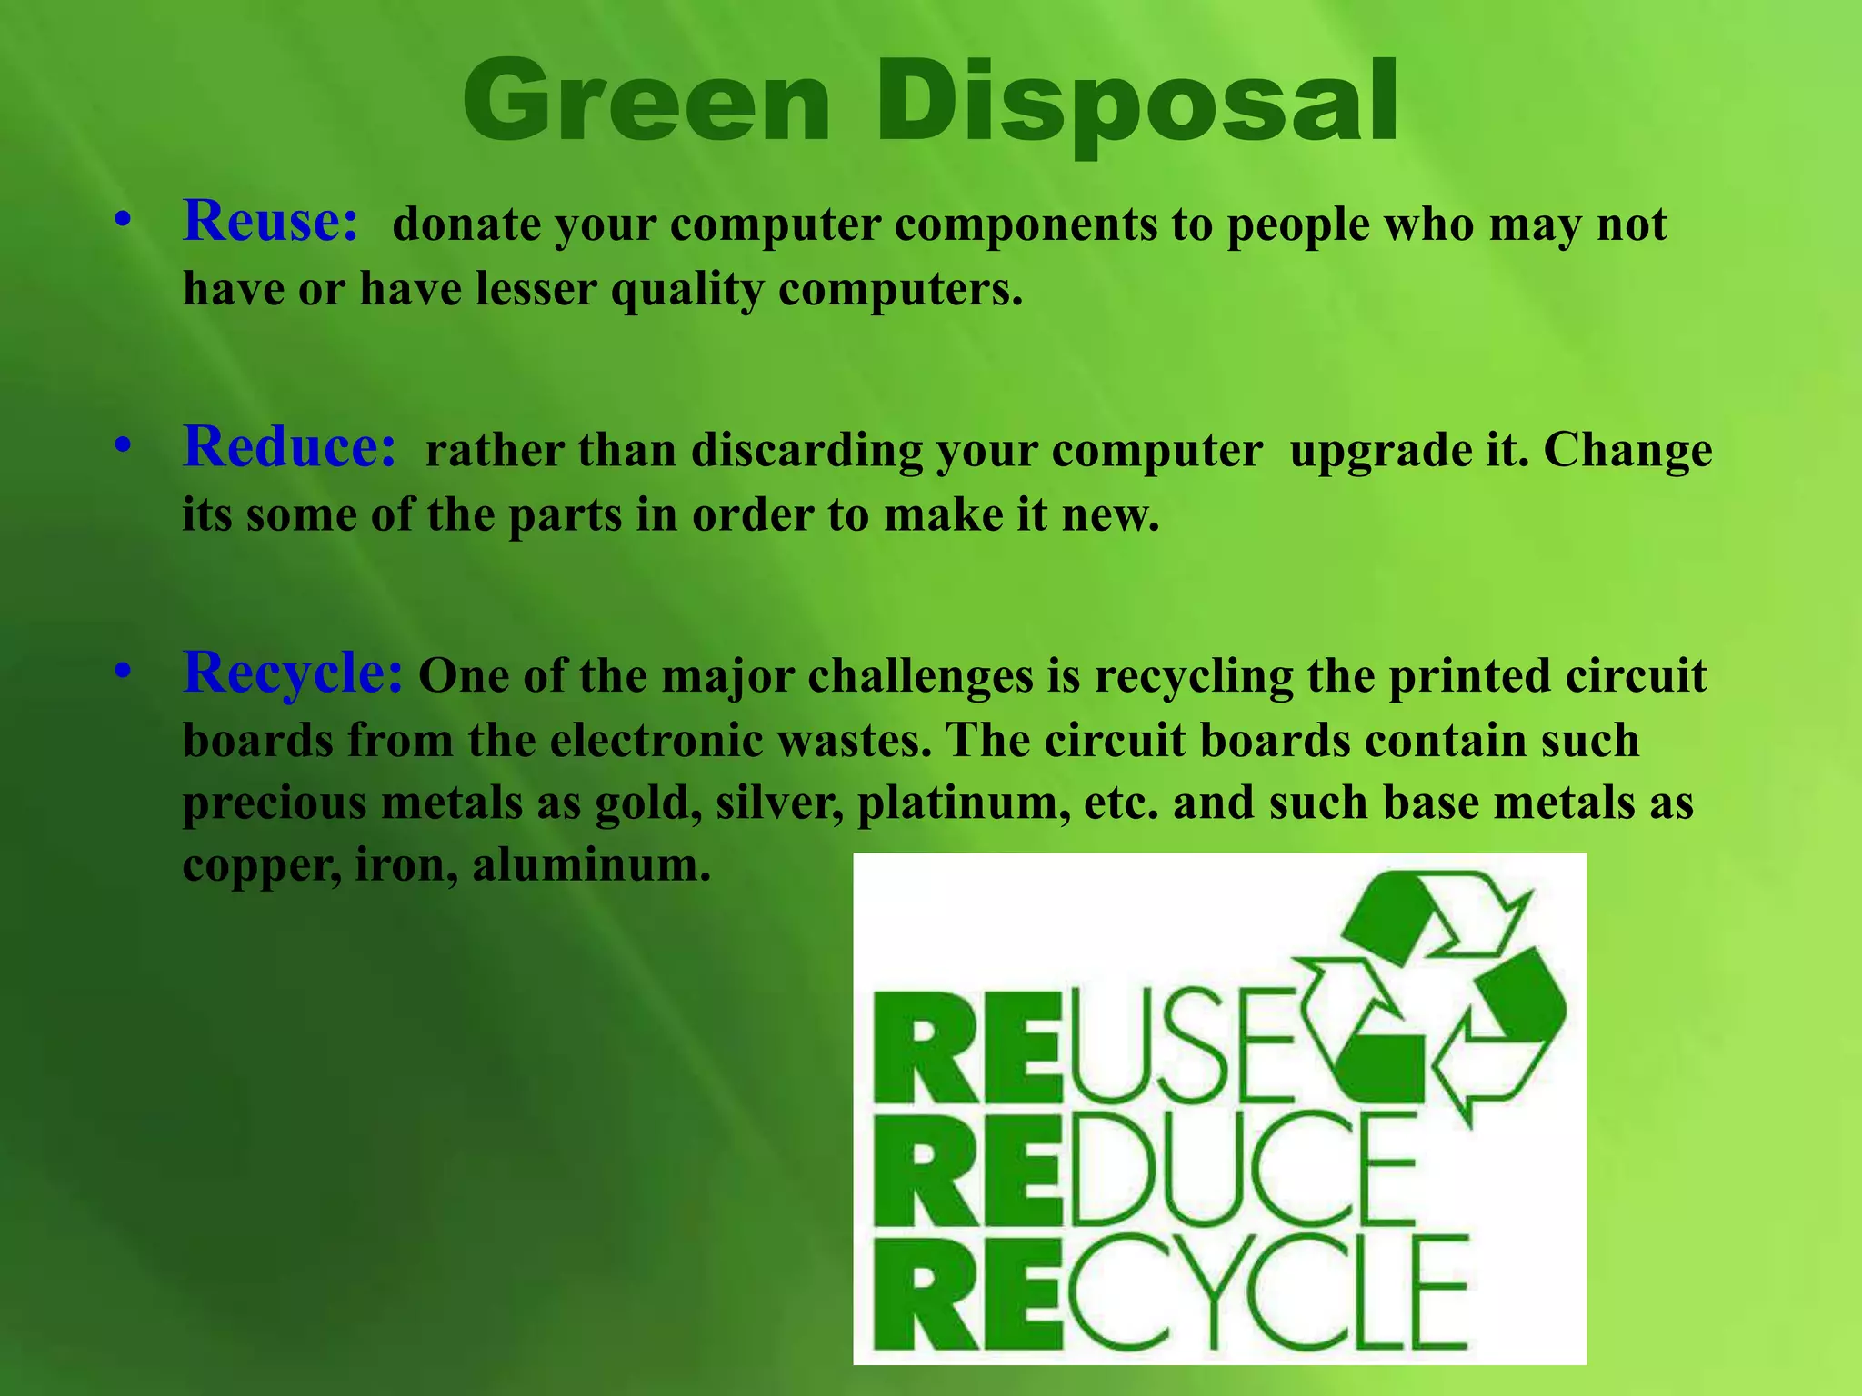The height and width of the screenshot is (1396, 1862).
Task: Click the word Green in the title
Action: (x=646, y=101)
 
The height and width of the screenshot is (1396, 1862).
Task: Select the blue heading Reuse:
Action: (x=271, y=221)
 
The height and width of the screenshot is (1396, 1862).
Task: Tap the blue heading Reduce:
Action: (x=290, y=447)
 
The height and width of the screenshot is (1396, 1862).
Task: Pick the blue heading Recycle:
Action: (x=293, y=673)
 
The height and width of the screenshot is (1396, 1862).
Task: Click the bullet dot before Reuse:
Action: (x=124, y=221)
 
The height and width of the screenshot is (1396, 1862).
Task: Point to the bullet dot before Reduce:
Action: (x=124, y=446)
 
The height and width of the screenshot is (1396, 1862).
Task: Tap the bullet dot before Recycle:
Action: (x=124, y=672)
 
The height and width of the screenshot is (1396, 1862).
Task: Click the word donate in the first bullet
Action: (x=466, y=224)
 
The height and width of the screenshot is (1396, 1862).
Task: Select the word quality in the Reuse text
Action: (x=687, y=291)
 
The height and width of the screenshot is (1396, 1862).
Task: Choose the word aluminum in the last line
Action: (x=591, y=864)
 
